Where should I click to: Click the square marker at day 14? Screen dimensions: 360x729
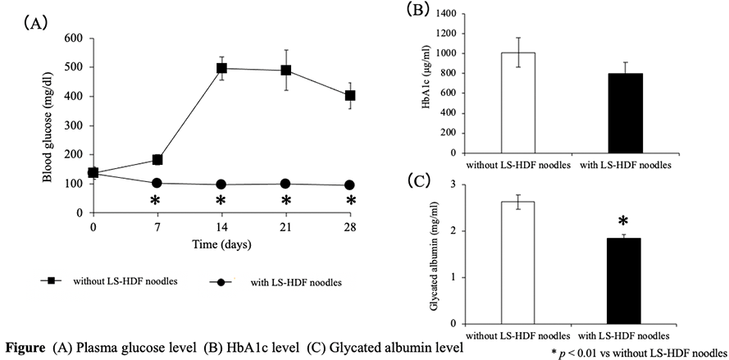[221, 68]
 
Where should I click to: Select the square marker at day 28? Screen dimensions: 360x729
[350, 95]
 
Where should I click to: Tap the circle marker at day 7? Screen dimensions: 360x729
[156, 183]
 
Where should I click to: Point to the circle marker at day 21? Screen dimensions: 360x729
[286, 183]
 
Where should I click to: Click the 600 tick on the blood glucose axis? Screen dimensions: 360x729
[73, 38]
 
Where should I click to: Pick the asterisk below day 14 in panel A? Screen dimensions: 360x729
[221, 202]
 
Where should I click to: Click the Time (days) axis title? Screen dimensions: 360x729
[221, 244]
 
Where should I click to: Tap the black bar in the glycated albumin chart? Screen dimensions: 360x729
[625, 280]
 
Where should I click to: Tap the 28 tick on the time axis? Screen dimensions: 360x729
[350, 226]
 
